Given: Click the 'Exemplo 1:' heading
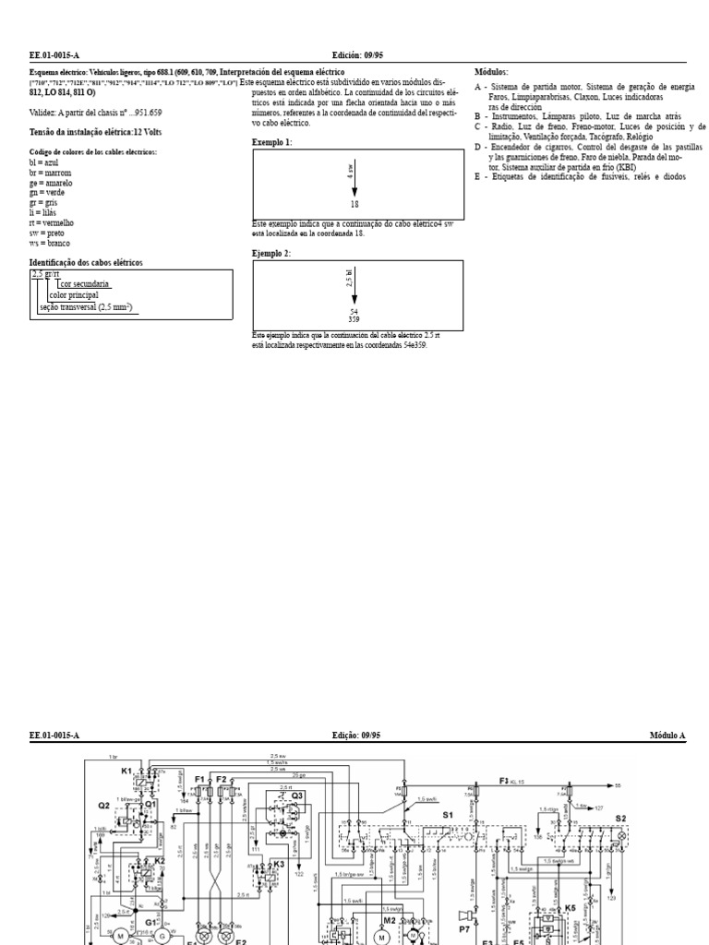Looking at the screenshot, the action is coord(271,142).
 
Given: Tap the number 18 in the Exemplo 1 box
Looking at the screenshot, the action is coord(354,203).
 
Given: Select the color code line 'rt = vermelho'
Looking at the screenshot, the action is coord(52,223).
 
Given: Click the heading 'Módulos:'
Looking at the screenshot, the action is coord(490,72).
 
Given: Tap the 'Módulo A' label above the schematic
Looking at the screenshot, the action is coord(667,736).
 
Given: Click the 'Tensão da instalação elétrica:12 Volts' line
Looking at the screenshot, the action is coord(82,132).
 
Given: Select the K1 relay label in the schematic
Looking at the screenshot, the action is coord(126,770).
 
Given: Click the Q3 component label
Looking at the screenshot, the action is coord(297,795).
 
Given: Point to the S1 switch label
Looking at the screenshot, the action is coord(449,814).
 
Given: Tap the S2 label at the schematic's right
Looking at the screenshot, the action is coord(620,818).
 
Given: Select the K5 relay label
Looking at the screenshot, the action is coord(570,908).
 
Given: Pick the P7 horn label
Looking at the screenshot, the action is coord(464,915).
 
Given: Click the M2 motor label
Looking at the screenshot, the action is coord(390,919).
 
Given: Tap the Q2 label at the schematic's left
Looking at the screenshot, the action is coord(104,805).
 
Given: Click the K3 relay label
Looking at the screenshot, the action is coord(279,864).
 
